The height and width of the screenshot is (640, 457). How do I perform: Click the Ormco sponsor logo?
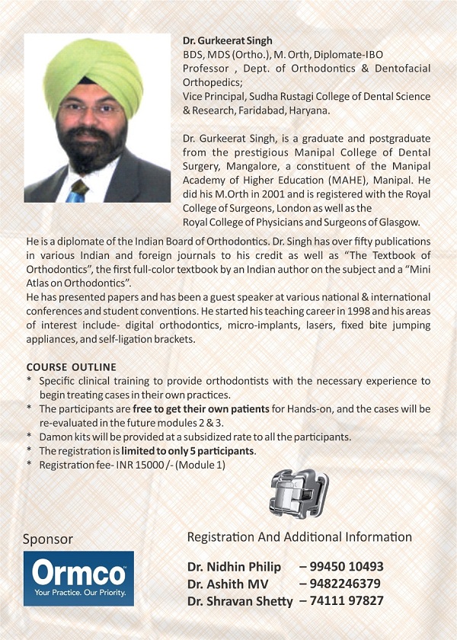[x=78, y=578]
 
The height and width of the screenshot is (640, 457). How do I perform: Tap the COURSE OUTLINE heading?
[x=71, y=367]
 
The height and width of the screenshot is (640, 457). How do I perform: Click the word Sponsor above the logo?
[x=48, y=539]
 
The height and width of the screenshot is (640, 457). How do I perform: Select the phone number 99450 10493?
[x=341, y=567]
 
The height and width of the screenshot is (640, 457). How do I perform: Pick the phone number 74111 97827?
[x=341, y=600]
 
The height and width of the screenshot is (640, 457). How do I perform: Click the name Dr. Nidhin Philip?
[x=234, y=567]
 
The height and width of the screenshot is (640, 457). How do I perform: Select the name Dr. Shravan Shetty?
[x=240, y=601]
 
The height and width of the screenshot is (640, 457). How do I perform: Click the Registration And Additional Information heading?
[x=299, y=537]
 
